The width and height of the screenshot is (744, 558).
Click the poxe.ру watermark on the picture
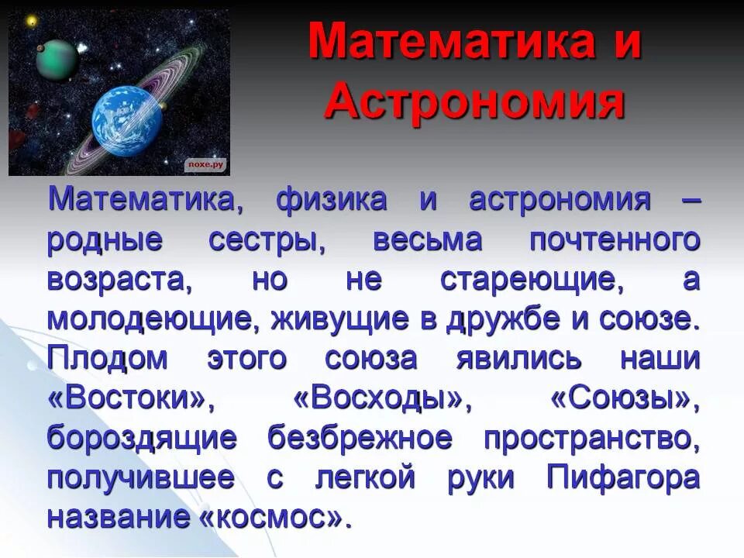click(205, 164)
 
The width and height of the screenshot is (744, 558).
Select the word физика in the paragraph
click(331, 200)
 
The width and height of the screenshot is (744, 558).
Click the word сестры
click(267, 241)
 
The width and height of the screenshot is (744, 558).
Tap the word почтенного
click(615, 241)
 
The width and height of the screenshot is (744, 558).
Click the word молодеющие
click(147, 320)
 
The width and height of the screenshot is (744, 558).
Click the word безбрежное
click(360, 439)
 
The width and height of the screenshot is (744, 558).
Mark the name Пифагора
click(623, 477)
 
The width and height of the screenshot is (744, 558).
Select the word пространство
click(592, 439)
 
